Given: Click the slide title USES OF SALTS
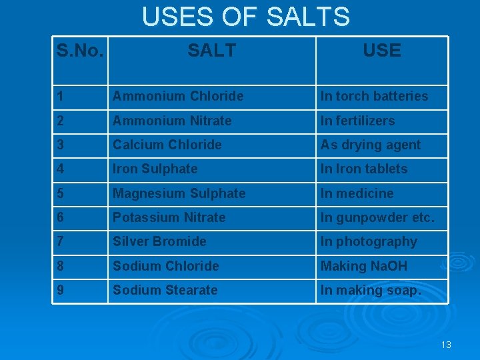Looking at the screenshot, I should [245, 17].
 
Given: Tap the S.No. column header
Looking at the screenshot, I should [80, 51].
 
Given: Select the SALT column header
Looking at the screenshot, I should [211, 51].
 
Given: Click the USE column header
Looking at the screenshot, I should [382, 51].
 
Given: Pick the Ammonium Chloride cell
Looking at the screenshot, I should [178, 96].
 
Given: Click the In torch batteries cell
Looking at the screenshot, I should [374, 96].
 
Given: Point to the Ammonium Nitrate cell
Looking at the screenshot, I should [172, 121].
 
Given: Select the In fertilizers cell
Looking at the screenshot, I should [357, 121].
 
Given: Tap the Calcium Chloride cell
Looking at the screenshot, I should [167, 145].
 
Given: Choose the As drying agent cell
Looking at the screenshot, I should [371, 145].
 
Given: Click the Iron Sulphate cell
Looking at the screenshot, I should [155, 169].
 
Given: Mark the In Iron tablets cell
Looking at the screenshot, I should [363, 169].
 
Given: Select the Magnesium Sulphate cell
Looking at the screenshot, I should [179, 193].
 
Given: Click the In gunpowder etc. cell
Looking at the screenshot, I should [377, 217].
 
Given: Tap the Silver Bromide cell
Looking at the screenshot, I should [159, 241].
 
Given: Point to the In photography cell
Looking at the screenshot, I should [369, 241].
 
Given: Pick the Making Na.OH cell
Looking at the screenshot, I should [363, 266].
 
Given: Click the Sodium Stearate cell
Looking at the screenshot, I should [165, 290].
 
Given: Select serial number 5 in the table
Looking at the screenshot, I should [61, 193].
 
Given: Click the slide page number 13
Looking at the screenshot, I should [446, 345].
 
